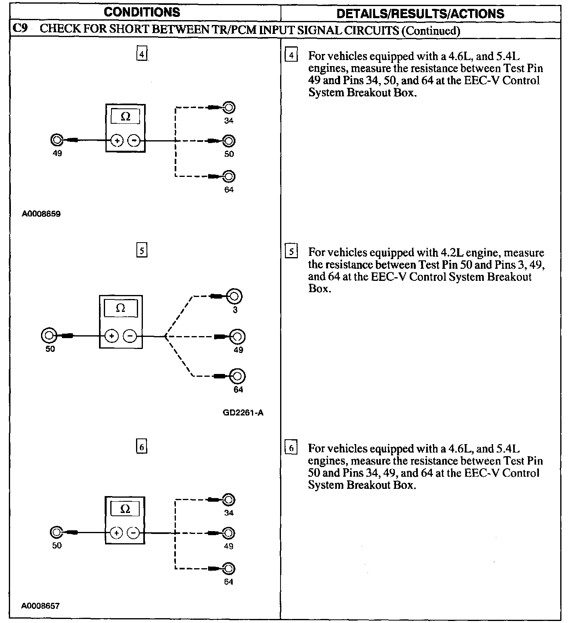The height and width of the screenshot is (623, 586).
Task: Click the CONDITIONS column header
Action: (x=142, y=12)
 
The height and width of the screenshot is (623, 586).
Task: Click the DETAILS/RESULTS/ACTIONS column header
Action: (x=420, y=14)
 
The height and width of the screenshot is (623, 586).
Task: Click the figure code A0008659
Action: (x=41, y=214)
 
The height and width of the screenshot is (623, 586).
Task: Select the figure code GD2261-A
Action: (x=243, y=413)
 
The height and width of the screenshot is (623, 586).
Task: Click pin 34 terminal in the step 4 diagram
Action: (x=229, y=108)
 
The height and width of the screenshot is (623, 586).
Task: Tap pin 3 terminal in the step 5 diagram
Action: (x=235, y=296)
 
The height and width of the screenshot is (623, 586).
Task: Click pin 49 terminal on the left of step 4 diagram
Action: (x=57, y=140)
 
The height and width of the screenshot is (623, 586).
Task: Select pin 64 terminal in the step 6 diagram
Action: (x=228, y=569)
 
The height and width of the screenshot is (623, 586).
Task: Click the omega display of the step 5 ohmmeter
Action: (x=120, y=309)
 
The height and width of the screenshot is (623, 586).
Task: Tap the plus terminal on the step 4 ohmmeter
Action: (x=117, y=141)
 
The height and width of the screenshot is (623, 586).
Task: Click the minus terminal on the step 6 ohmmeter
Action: (x=133, y=533)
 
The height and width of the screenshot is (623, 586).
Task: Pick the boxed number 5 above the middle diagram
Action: (x=142, y=251)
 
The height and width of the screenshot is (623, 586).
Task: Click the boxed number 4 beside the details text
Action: (x=291, y=55)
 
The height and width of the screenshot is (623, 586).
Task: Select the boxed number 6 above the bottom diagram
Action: (x=141, y=447)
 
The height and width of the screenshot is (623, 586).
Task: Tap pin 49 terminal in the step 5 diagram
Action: (x=237, y=336)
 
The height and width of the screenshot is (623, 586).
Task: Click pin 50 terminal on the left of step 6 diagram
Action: (x=56, y=533)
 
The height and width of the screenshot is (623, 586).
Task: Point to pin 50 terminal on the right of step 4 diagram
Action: (x=229, y=141)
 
